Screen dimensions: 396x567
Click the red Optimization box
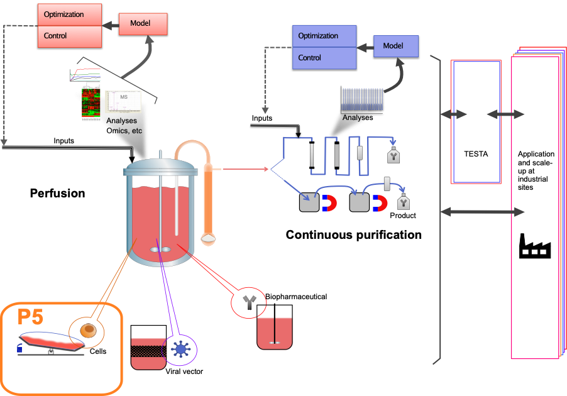tap(69, 14)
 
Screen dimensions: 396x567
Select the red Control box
tap(69, 36)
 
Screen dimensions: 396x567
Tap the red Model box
tap(143, 24)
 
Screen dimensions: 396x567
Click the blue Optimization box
tap(324, 36)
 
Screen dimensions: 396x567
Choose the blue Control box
tap(324, 58)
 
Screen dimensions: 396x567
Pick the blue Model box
tap(395, 46)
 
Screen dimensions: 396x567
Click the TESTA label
tap(476, 153)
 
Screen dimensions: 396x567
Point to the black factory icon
tap(534, 246)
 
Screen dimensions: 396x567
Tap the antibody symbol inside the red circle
tap(250, 304)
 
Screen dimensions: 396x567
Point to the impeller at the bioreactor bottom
tap(160, 250)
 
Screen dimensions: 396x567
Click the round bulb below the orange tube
tap(208, 239)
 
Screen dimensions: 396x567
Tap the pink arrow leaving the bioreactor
tap(245, 168)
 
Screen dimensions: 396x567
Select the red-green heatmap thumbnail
tap(92, 104)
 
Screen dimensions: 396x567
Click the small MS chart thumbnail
tap(124, 101)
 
